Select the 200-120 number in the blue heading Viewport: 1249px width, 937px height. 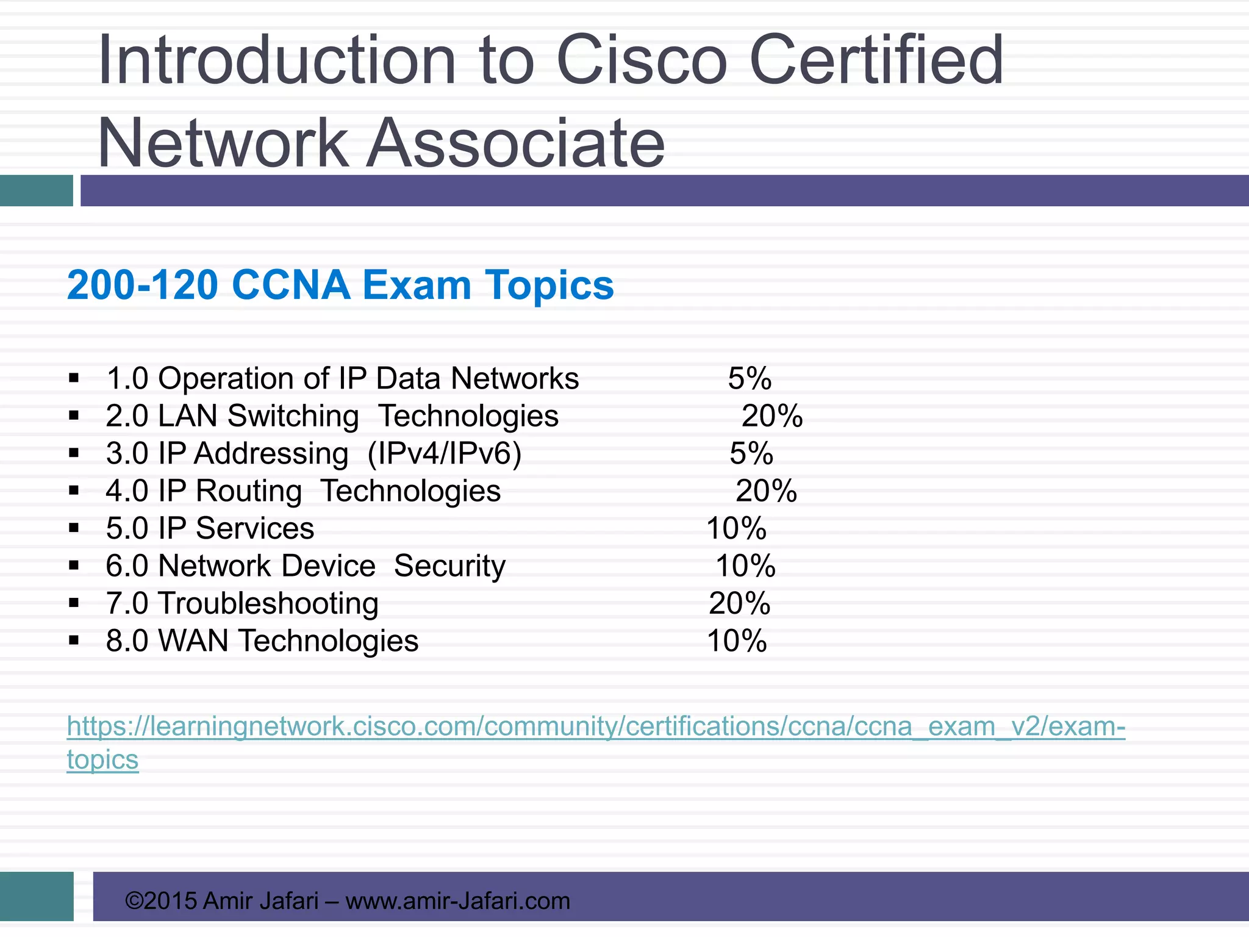click(142, 285)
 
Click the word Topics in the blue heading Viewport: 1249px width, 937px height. click(549, 285)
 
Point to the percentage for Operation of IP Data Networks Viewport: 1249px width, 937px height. click(750, 378)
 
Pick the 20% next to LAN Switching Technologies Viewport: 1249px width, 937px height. click(771, 416)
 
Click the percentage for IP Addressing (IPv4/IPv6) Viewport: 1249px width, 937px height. click(751, 453)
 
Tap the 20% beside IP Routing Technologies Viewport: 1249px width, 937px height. click(766, 491)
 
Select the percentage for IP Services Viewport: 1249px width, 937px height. click(736, 528)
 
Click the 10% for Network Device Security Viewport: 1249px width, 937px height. click(745, 566)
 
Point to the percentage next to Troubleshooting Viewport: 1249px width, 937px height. click(739, 603)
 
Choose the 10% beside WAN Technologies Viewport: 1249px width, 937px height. click(737, 641)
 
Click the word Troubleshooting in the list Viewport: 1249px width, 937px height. click(268, 603)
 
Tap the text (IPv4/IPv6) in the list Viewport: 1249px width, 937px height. click(445, 454)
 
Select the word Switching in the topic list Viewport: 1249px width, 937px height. click(293, 417)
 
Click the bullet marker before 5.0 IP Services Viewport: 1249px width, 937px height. click(74, 528)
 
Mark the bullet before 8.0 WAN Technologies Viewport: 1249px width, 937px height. click(74, 641)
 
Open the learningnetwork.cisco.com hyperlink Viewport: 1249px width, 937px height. click(595, 727)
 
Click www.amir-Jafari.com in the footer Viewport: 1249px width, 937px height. click(457, 901)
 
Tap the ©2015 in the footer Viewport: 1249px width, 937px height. click(161, 901)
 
